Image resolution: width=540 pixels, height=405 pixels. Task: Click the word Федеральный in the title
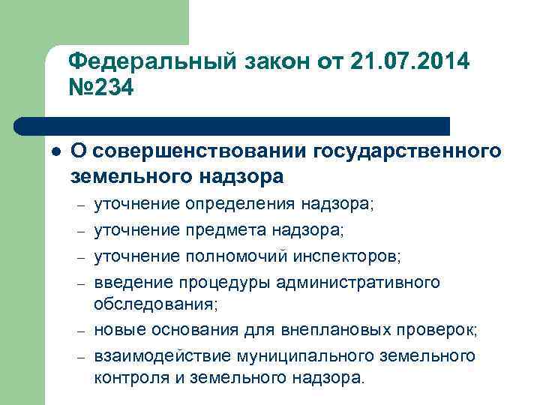click(147, 61)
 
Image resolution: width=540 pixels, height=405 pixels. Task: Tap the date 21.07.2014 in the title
click(409, 61)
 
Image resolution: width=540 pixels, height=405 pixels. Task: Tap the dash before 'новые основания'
click(79, 331)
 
